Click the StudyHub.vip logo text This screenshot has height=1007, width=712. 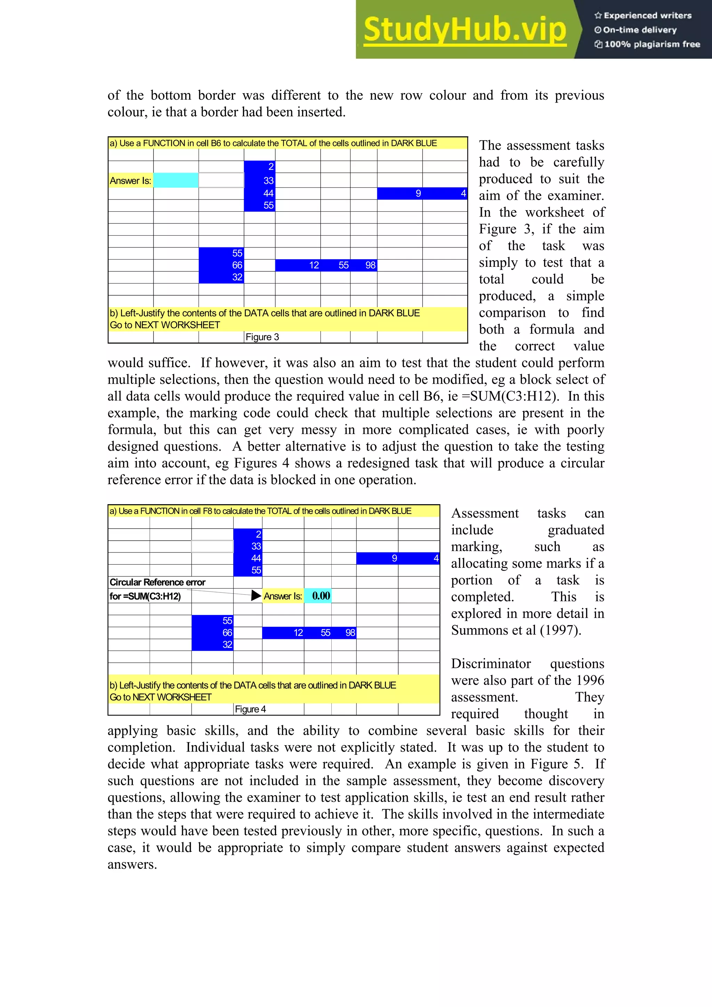465,30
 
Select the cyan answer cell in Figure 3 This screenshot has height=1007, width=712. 176,180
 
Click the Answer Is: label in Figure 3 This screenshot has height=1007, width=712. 130,181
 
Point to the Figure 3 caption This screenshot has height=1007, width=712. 262,337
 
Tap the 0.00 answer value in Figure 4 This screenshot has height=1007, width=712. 321,596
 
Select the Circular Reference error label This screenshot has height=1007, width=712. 157,582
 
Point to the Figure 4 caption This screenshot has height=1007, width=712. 250,709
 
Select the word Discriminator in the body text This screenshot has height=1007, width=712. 491,664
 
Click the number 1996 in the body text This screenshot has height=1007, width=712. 590,680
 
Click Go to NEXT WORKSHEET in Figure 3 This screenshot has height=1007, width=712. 164,325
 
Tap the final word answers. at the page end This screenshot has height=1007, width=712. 132,865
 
